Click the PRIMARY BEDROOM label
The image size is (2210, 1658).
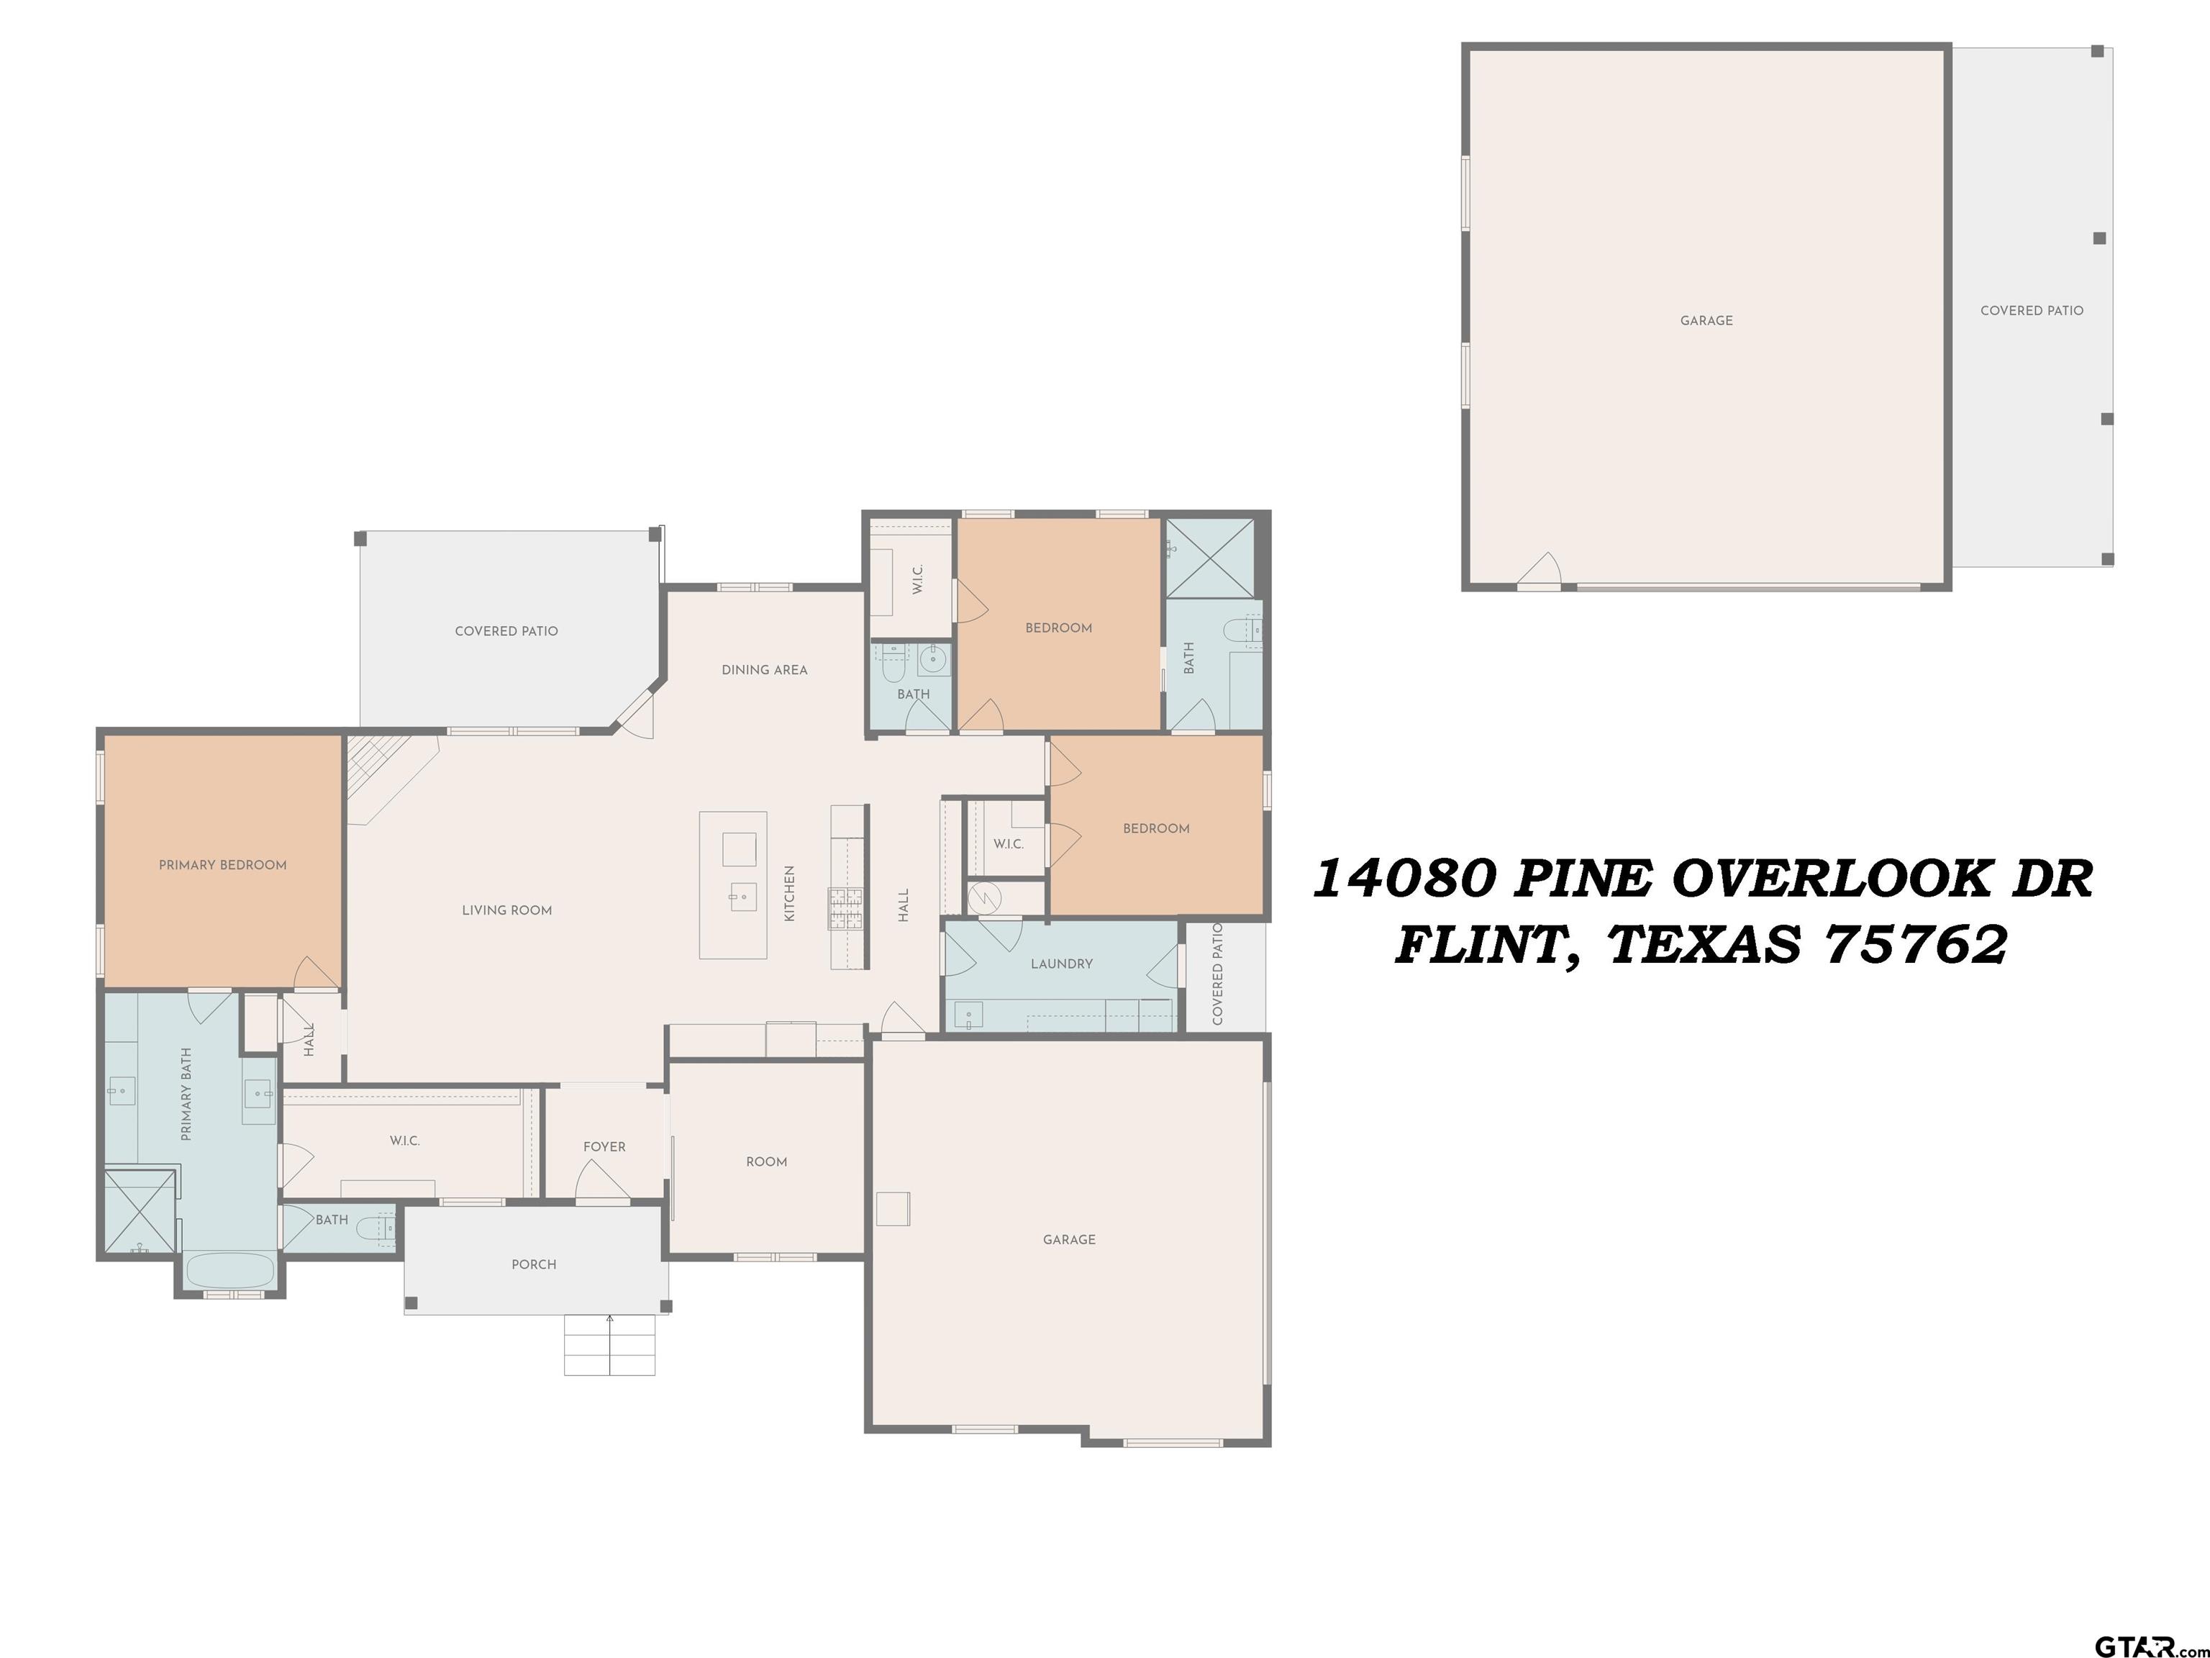click(x=223, y=866)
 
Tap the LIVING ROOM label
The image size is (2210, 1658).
click(x=506, y=910)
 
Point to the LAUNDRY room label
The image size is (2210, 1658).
click(x=1061, y=964)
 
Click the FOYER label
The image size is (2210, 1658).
click(x=604, y=1147)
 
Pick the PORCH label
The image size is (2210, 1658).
click(x=534, y=1265)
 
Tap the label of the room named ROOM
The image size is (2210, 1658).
click(x=766, y=1162)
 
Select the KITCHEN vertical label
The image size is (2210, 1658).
click(x=789, y=894)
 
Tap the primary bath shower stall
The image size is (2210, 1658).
click(x=141, y=1210)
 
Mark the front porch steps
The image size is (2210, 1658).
click(x=609, y=1345)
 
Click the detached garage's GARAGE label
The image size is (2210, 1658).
click(x=1706, y=321)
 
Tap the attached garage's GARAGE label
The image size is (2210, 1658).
click(x=1069, y=1240)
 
